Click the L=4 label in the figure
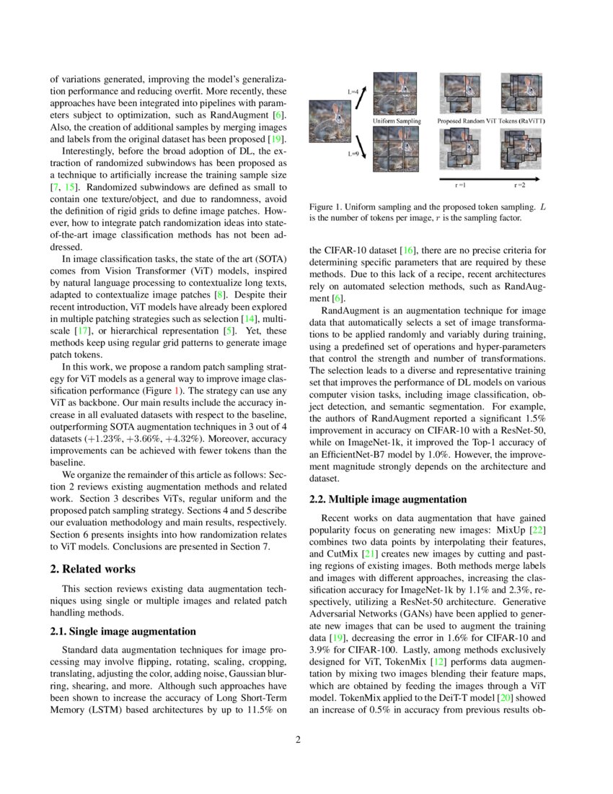click(353, 92)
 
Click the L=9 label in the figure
click(353, 154)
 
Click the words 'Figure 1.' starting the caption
click(326, 206)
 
